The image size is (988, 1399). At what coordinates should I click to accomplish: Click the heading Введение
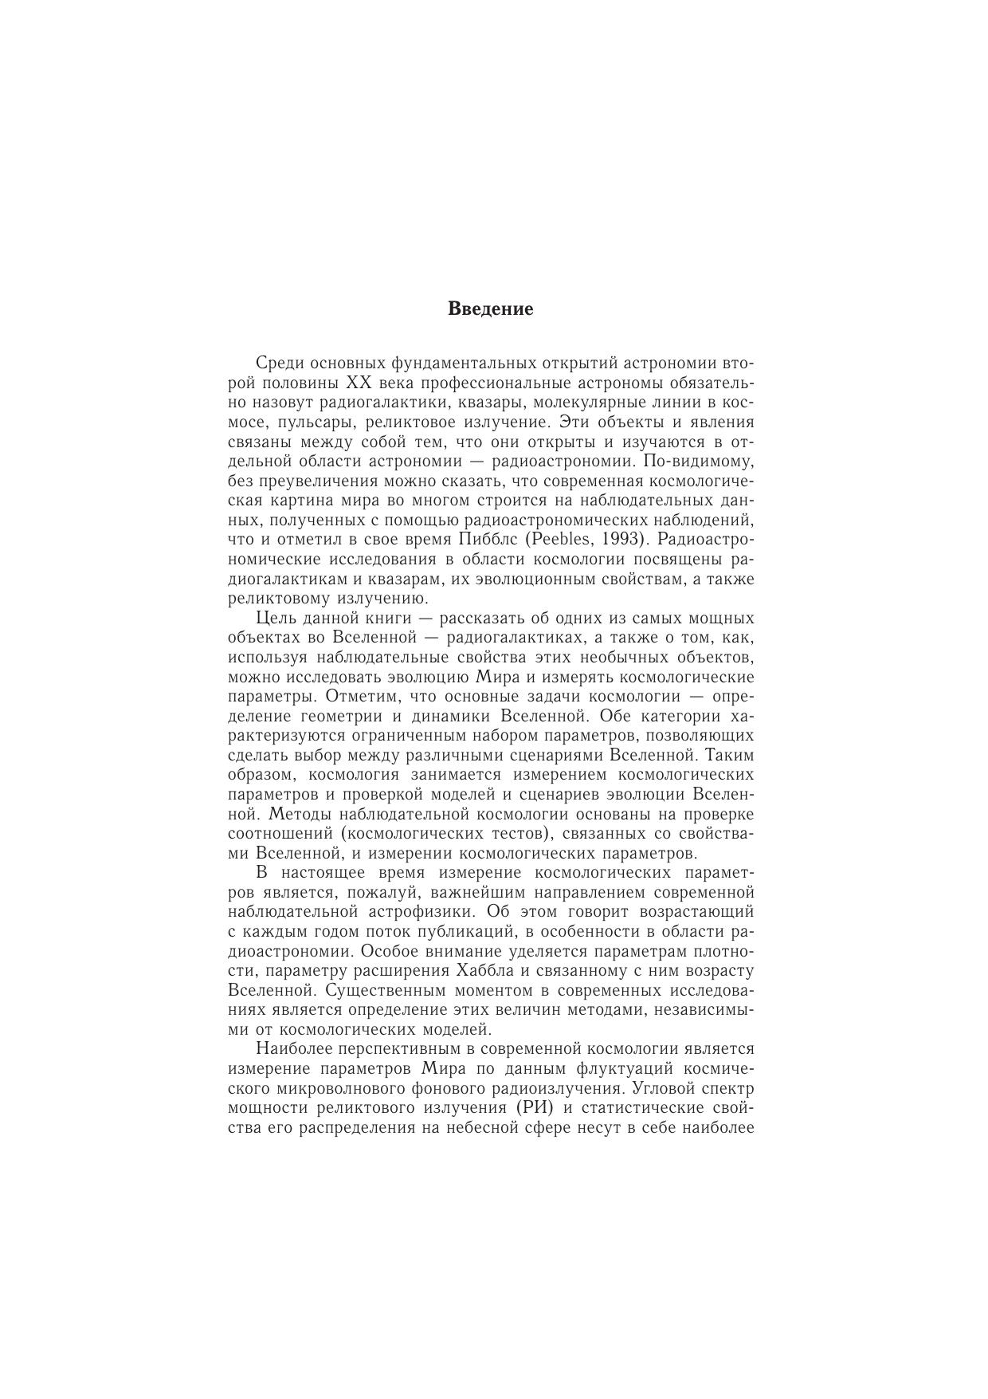(x=490, y=308)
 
